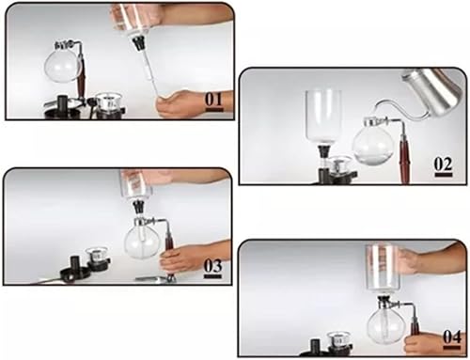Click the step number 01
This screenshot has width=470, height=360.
(214, 100)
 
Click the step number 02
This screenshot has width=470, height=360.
(443, 164)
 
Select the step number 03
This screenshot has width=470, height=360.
(212, 266)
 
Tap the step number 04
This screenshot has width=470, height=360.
(452, 337)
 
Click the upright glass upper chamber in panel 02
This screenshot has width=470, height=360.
(323, 116)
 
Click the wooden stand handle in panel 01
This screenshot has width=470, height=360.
(84, 77)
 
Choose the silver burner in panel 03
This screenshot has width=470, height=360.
(98, 256)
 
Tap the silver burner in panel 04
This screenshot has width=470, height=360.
(338, 340)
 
